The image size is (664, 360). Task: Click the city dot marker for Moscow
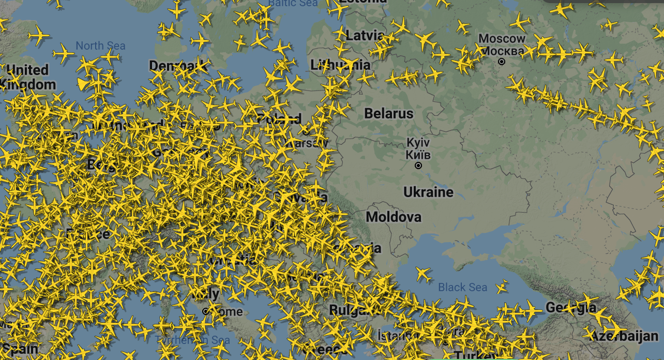(501, 62)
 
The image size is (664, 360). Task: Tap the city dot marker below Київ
(418, 166)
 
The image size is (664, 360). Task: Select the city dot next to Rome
(206, 311)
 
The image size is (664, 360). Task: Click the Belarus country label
(389, 113)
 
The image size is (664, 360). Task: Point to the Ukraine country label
(428, 192)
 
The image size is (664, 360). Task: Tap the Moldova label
(394, 216)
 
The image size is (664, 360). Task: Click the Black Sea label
(463, 287)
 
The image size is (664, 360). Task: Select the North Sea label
(100, 46)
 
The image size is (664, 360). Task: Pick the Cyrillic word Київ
(418, 154)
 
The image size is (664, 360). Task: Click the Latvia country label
(365, 36)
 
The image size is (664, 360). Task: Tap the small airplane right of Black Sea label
(501, 286)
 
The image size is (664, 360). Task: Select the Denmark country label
(178, 66)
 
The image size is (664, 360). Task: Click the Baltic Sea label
(293, 3)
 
